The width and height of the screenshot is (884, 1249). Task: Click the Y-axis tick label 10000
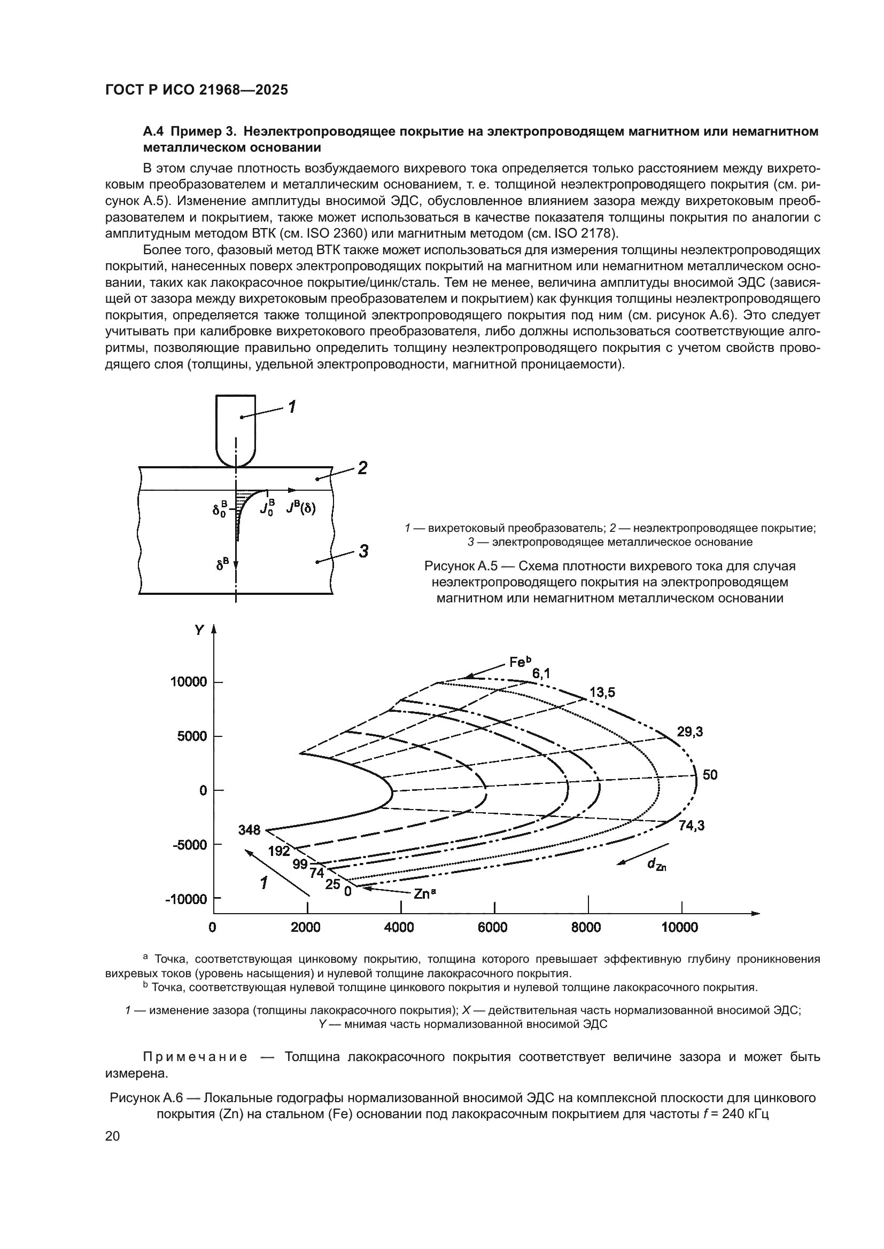[x=188, y=681]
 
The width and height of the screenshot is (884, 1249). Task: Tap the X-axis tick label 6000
[x=492, y=927]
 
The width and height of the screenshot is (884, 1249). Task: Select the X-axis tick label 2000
[x=305, y=927]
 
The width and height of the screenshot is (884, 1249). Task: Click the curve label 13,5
[x=602, y=693]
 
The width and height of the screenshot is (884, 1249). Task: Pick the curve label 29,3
[x=689, y=732]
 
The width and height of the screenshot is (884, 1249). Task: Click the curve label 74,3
[x=691, y=826]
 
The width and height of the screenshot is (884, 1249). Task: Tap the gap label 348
[x=249, y=830]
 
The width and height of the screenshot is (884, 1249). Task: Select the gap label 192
[x=279, y=851]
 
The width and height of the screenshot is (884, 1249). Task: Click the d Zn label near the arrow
[x=656, y=865]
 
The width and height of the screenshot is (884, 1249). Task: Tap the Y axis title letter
[x=199, y=631]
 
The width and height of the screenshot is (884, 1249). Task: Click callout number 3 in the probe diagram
[x=363, y=551]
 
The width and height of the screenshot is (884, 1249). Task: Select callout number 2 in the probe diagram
[x=362, y=468]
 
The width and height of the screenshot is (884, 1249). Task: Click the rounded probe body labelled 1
[x=236, y=430]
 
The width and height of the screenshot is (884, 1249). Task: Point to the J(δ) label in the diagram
[x=300, y=509]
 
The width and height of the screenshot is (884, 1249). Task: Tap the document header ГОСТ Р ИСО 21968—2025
[x=197, y=90]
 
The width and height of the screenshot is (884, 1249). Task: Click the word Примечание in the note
[x=195, y=1057]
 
